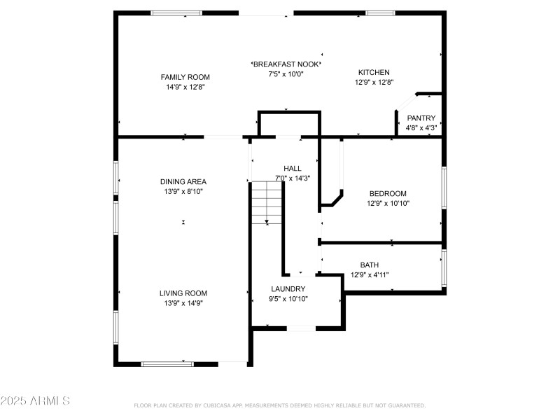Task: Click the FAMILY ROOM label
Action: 185,77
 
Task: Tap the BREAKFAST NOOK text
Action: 286,64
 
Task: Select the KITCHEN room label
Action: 374,72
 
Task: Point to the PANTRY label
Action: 421,118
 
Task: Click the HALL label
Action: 293,168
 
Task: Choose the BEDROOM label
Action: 387,193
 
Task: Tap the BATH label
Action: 369,265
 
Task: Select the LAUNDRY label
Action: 288,288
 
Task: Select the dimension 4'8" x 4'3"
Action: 421,128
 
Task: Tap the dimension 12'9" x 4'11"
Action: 369,274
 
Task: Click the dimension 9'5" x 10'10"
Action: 288,298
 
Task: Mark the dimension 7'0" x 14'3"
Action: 293,178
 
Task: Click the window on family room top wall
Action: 176,13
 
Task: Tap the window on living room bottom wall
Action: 167,363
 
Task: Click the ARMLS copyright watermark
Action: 35,401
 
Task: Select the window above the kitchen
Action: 380,13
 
